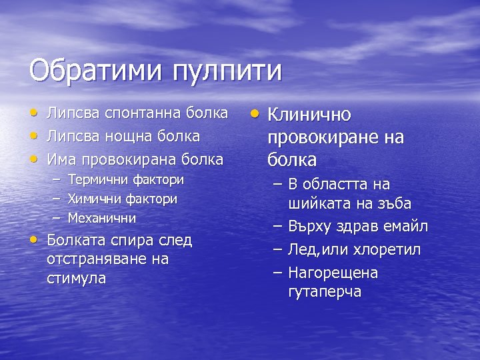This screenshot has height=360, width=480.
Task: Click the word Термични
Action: [x=99, y=180]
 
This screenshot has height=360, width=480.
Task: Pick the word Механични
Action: [x=102, y=218]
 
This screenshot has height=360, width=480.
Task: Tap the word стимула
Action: [x=76, y=277]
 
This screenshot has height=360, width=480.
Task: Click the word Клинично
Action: [x=309, y=115]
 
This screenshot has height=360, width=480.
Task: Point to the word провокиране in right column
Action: [x=325, y=137]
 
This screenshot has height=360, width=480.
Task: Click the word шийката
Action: [x=318, y=203]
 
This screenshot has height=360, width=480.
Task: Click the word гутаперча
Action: [x=325, y=291]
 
